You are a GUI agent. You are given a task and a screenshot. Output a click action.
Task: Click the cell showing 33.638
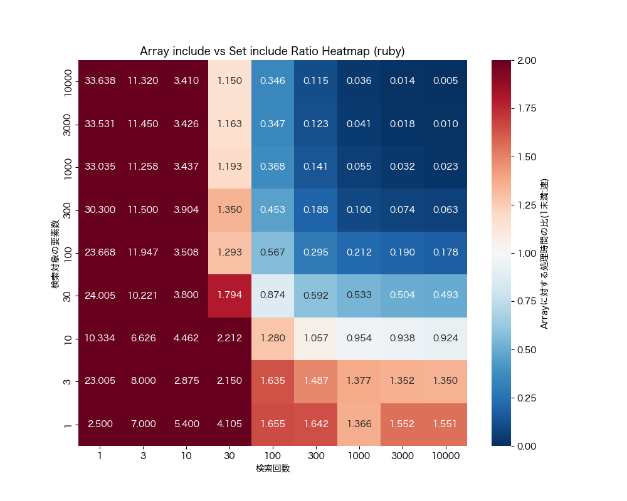pos(100,81)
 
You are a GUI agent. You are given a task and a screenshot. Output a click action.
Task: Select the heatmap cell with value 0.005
pos(445,81)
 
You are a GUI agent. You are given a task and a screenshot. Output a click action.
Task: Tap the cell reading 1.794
pos(229,296)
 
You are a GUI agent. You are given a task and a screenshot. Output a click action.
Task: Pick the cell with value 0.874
pos(273,296)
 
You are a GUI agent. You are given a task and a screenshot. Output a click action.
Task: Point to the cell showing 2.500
pos(100,424)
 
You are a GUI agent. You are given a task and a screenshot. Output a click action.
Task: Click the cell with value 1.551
pos(445,424)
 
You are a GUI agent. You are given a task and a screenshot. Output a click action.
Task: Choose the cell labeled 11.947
pos(143,252)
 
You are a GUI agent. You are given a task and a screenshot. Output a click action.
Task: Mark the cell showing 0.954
pos(359,338)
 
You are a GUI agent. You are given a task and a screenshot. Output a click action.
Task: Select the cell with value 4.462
pos(186,338)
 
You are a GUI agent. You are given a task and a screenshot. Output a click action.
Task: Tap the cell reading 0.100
pos(359,210)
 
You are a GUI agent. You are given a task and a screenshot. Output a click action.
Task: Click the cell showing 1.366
pos(359,424)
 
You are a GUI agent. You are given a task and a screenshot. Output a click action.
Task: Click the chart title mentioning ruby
pos(272,51)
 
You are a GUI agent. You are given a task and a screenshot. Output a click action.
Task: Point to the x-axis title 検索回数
pos(272,468)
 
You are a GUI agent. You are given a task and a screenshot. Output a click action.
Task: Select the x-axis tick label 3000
pos(402,456)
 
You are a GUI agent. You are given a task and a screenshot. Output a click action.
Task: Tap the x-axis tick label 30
pos(229,456)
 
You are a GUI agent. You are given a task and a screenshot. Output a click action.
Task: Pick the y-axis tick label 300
pos(69,210)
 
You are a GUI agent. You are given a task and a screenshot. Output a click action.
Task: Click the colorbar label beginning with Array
pos(544,253)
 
